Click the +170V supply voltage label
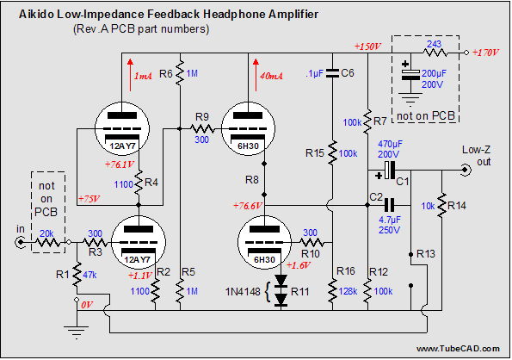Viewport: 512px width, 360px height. tap(485, 53)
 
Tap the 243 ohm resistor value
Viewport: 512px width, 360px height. tap(435, 44)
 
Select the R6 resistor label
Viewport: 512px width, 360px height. tap(166, 74)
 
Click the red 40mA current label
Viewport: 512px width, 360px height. tap(271, 76)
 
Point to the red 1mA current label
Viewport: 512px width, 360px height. tap(143, 76)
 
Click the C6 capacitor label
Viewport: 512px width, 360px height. tap(348, 73)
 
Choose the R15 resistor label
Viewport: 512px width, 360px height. tap(315, 153)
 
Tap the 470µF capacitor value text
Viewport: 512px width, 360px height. tap(390, 144)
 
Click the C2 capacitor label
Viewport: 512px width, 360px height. tap(376, 197)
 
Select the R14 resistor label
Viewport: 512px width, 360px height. tap(457, 206)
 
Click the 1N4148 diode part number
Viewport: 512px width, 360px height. tap(243, 291)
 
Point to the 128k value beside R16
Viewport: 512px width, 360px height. tap(349, 291)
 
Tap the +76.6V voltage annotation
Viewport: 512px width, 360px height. tap(248, 206)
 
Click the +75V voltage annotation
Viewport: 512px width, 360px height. tap(89, 199)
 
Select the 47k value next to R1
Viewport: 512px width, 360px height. tap(89, 275)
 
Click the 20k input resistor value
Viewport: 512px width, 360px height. tap(46, 233)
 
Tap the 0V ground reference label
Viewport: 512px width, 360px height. tap(87, 305)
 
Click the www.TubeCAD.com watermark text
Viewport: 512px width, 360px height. tap(458, 349)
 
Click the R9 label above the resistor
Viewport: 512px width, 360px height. tap(202, 116)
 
